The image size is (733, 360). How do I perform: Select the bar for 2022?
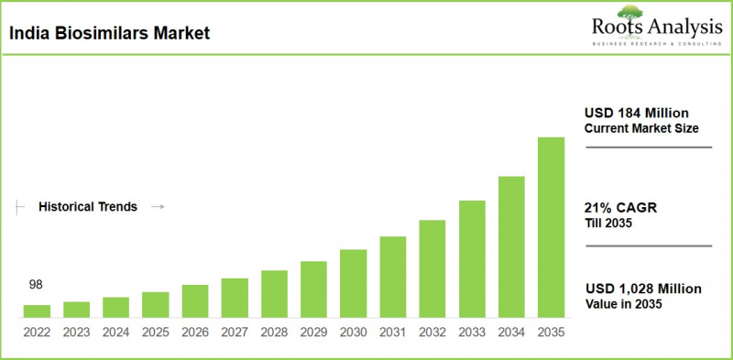click(37, 311)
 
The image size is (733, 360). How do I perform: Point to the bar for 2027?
click(235, 297)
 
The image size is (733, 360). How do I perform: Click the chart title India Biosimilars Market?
click(109, 35)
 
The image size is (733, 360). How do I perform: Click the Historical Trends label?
click(88, 207)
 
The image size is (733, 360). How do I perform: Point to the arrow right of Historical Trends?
click(157, 207)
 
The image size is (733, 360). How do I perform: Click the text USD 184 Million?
click(636, 113)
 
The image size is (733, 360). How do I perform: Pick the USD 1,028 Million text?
click(643, 289)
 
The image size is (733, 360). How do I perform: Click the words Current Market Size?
click(638, 127)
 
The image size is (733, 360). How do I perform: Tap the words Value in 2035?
click(623, 303)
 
